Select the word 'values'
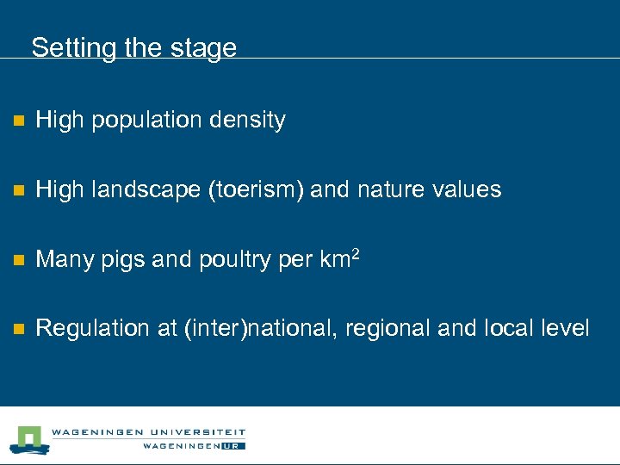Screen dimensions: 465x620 [469, 189]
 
